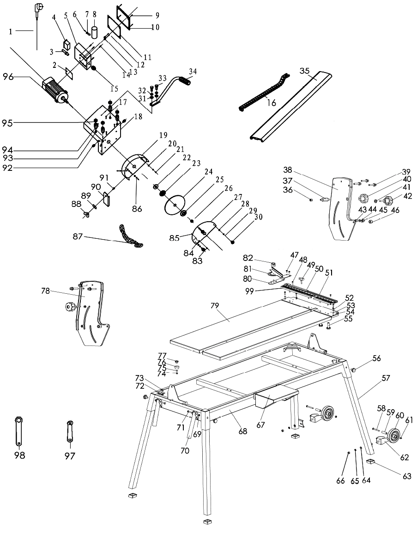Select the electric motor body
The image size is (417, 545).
54,90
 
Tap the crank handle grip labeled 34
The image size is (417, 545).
187,82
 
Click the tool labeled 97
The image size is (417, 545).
69,430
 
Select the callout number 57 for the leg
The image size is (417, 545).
386,377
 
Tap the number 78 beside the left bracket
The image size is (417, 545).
46,291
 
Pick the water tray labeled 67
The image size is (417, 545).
276,398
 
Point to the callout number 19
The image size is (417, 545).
163,135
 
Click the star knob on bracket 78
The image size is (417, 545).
69,307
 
